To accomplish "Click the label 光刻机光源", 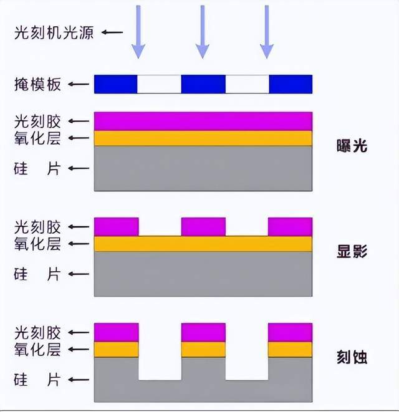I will (x=54, y=32).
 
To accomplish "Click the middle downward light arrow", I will (x=202, y=31).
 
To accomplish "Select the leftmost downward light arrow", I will (x=138, y=31).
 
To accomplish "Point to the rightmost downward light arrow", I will (x=267, y=31).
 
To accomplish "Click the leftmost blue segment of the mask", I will (x=115, y=84).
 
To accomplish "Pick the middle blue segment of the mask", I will (x=203, y=84).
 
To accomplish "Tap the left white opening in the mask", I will (x=159, y=84).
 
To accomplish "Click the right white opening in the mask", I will (x=247, y=84).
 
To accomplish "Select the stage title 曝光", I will (x=351, y=147).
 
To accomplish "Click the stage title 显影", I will (x=351, y=252).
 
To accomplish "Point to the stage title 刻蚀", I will (x=351, y=357).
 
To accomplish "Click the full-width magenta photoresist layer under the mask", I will (x=203, y=121).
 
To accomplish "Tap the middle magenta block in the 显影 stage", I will (x=203, y=227).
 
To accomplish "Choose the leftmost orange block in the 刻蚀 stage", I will (x=116, y=349).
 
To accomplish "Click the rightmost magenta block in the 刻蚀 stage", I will (x=290, y=332).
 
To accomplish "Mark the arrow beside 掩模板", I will (x=79, y=84).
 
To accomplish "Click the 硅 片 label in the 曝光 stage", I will (x=37, y=168).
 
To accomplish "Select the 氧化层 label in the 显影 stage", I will (x=37, y=244).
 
